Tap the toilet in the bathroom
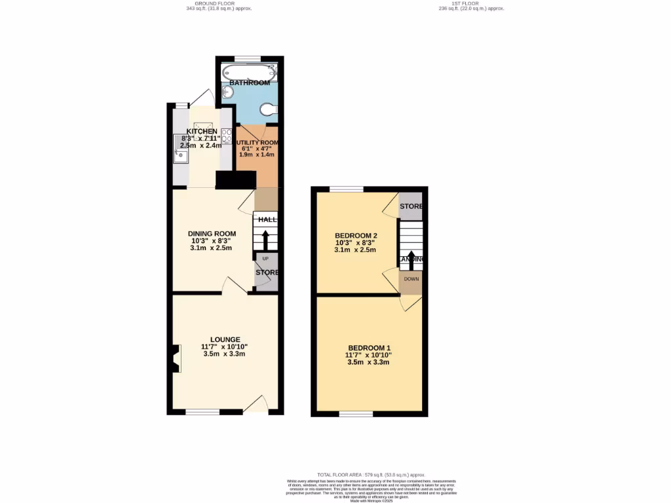[268, 110]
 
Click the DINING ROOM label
[212, 233]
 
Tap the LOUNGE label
[225, 339]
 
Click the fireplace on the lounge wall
[175, 359]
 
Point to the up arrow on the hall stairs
[265, 239]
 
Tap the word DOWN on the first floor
[411, 279]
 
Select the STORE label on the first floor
[411, 206]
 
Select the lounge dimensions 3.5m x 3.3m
[224, 354]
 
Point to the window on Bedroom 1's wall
[356, 414]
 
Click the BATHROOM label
[249, 83]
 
